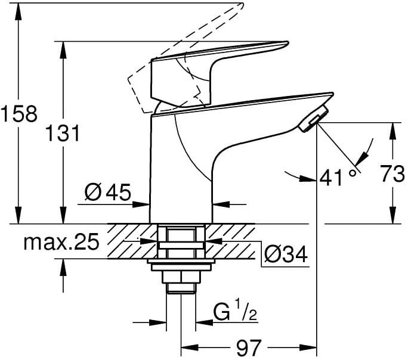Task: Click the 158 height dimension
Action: pos(20,113)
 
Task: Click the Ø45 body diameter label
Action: pos(107,193)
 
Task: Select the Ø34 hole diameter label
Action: pos(285,255)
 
